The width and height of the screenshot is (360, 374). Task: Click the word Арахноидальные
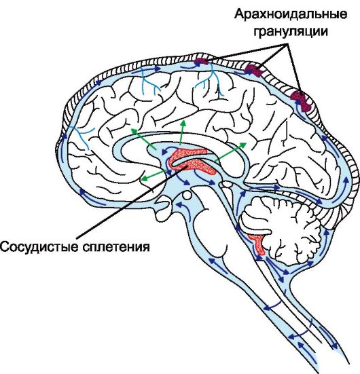coord(291,15)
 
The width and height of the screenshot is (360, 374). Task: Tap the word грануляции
coord(291,31)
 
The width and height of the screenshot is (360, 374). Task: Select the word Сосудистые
coord(39,246)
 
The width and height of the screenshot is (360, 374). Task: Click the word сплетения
coord(116,247)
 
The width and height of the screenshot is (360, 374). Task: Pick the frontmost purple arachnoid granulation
coord(200,62)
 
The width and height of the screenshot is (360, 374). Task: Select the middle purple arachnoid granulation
coord(253,70)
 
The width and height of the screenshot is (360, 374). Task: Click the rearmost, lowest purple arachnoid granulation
coord(302,100)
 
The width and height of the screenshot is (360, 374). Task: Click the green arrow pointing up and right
coord(231,152)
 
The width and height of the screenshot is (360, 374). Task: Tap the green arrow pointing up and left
coord(144,140)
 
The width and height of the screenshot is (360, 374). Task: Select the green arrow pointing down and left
coord(154,175)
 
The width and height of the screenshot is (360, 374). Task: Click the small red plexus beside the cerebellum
coord(257,244)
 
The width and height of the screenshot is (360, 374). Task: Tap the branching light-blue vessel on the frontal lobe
coord(80,136)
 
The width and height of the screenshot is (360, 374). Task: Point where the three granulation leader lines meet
coord(287,44)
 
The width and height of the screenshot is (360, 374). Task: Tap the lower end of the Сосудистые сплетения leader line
coord(77,238)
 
